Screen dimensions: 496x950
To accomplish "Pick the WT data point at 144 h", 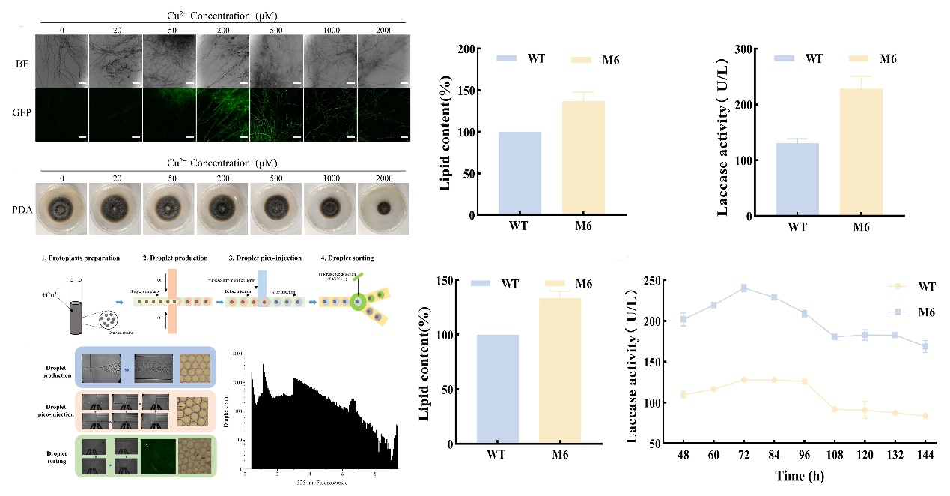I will coord(925,416).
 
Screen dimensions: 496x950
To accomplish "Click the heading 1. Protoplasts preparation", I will coord(80,258).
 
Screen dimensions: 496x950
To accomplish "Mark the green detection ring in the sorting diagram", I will coord(358,303).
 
